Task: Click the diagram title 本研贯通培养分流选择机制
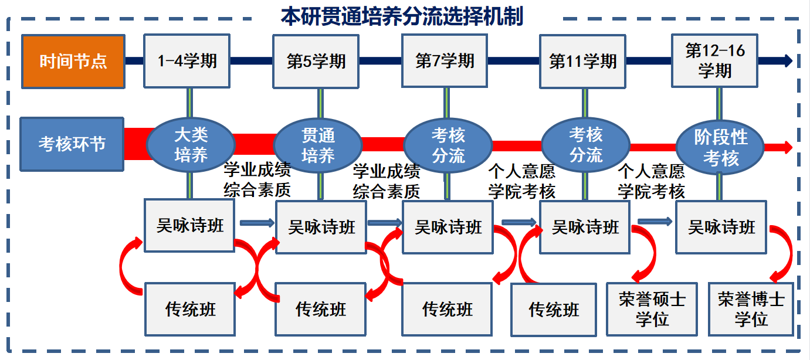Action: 402,16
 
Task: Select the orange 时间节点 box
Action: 73,62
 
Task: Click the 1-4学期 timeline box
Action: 187,61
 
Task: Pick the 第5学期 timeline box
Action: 316,61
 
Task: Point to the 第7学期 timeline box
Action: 445,61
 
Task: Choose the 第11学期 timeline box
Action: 582,61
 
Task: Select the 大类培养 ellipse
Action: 191,145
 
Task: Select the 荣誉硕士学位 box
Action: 652,309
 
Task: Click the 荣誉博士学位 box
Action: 751,309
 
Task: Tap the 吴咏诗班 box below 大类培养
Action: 189,226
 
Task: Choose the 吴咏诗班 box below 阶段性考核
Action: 721,227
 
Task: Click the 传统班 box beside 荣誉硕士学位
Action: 554,309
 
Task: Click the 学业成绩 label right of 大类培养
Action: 257,171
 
